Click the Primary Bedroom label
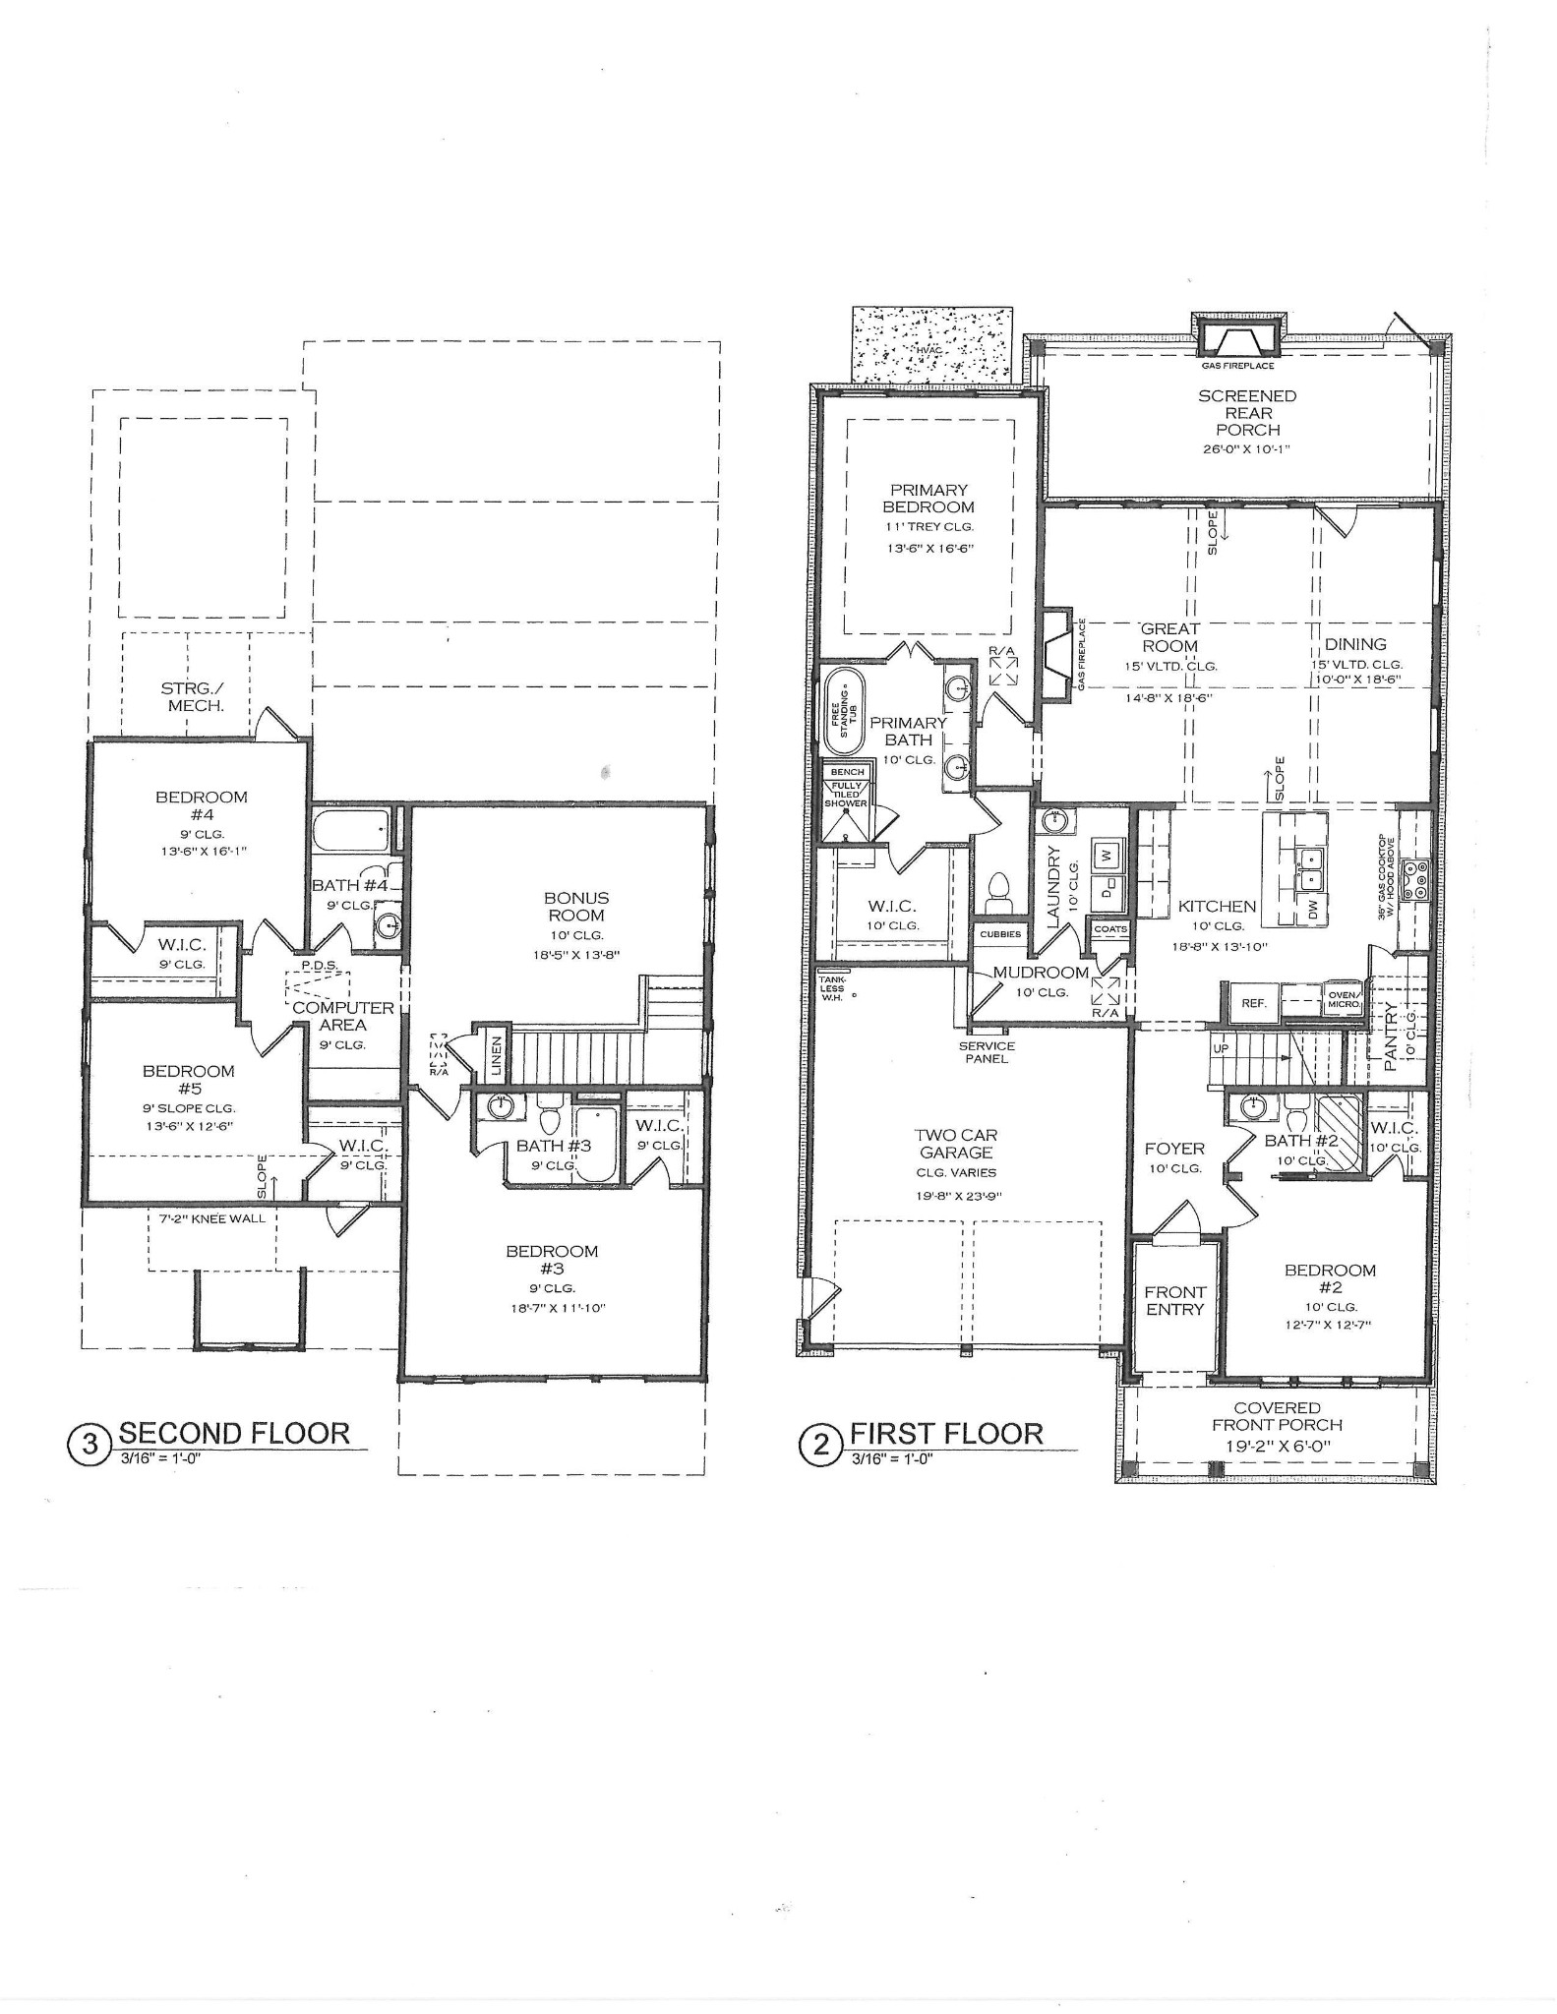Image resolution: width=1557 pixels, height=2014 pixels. (x=928, y=499)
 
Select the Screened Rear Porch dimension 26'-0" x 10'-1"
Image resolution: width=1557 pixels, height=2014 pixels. (x=1247, y=449)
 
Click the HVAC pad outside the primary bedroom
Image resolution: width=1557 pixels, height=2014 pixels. (x=930, y=348)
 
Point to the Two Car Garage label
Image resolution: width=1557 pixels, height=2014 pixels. (x=956, y=1144)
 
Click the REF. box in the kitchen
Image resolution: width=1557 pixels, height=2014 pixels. (x=1253, y=1004)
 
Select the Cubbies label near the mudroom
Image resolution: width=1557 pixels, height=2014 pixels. (x=1000, y=934)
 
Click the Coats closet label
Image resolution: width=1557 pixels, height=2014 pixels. (x=1110, y=929)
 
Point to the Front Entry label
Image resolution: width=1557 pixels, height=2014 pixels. (x=1174, y=1300)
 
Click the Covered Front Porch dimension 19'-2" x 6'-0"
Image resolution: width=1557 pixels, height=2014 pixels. (x=1278, y=1446)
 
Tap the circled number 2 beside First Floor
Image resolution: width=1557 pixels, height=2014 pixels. (x=821, y=1446)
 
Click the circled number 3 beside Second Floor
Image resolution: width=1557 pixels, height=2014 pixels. (x=90, y=1444)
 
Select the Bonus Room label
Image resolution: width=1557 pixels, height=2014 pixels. (x=576, y=906)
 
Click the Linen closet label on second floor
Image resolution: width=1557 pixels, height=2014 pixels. (x=497, y=1054)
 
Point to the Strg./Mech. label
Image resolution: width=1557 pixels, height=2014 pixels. (x=192, y=696)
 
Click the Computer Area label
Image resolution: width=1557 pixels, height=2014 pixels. (x=343, y=1016)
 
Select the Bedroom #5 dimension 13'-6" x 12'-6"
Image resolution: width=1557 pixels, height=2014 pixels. (x=188, y=1127)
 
